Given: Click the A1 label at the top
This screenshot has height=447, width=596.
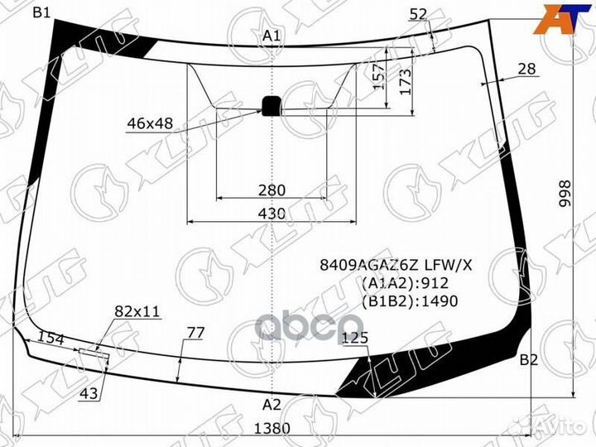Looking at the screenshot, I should pos(272,36).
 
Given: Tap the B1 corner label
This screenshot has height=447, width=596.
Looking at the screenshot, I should pos(42,12).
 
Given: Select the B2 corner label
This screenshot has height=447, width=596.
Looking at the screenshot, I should pos(529,360).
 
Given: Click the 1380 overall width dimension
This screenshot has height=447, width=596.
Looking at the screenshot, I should pos(272,429).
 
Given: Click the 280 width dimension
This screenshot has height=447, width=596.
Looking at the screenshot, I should pos(272,190).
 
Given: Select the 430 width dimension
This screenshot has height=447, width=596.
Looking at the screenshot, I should pos(272,214).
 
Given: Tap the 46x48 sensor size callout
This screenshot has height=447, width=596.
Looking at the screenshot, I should pos(150,124).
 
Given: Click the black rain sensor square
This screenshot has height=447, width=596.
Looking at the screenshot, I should pos(272,105).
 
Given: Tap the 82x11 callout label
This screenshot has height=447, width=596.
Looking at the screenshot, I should pos(137,311).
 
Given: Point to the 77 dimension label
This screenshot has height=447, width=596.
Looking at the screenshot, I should pos(195,333).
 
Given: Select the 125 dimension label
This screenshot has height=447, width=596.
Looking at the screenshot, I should pos(354,338).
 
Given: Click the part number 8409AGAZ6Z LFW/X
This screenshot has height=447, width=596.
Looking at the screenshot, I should pos(397,266).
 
